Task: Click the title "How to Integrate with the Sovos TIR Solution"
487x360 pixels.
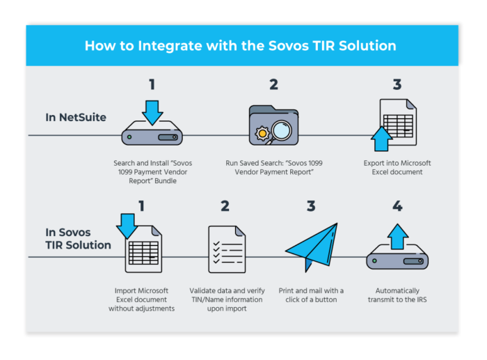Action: [x=241, y=46]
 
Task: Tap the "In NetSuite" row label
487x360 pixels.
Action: [x=76, y=117]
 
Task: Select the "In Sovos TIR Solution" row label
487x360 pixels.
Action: [x=78, y=238]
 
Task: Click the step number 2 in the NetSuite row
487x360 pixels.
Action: [x=273, y=84]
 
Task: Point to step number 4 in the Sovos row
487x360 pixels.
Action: [x=397, y=206]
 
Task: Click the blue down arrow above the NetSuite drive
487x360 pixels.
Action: [x=152, y=113]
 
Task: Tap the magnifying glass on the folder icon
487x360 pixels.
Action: [x=281, y=132]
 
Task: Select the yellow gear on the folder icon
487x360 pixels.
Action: [x=262, y=134]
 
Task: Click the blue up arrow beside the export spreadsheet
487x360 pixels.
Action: [x=381, y=139]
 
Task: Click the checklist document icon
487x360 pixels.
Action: [x=227, y=249]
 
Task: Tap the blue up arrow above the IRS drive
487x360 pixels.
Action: [x=397, y=237]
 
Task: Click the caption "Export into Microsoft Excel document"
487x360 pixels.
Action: [x=397, y=168]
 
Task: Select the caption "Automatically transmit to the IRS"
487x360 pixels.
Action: [x=397, y=295]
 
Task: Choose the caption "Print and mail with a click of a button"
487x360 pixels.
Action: [x=311, y=295]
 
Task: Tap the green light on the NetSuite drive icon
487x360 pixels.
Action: [x=129, y=136]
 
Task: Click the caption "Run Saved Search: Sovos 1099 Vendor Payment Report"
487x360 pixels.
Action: [x=274, y=168]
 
